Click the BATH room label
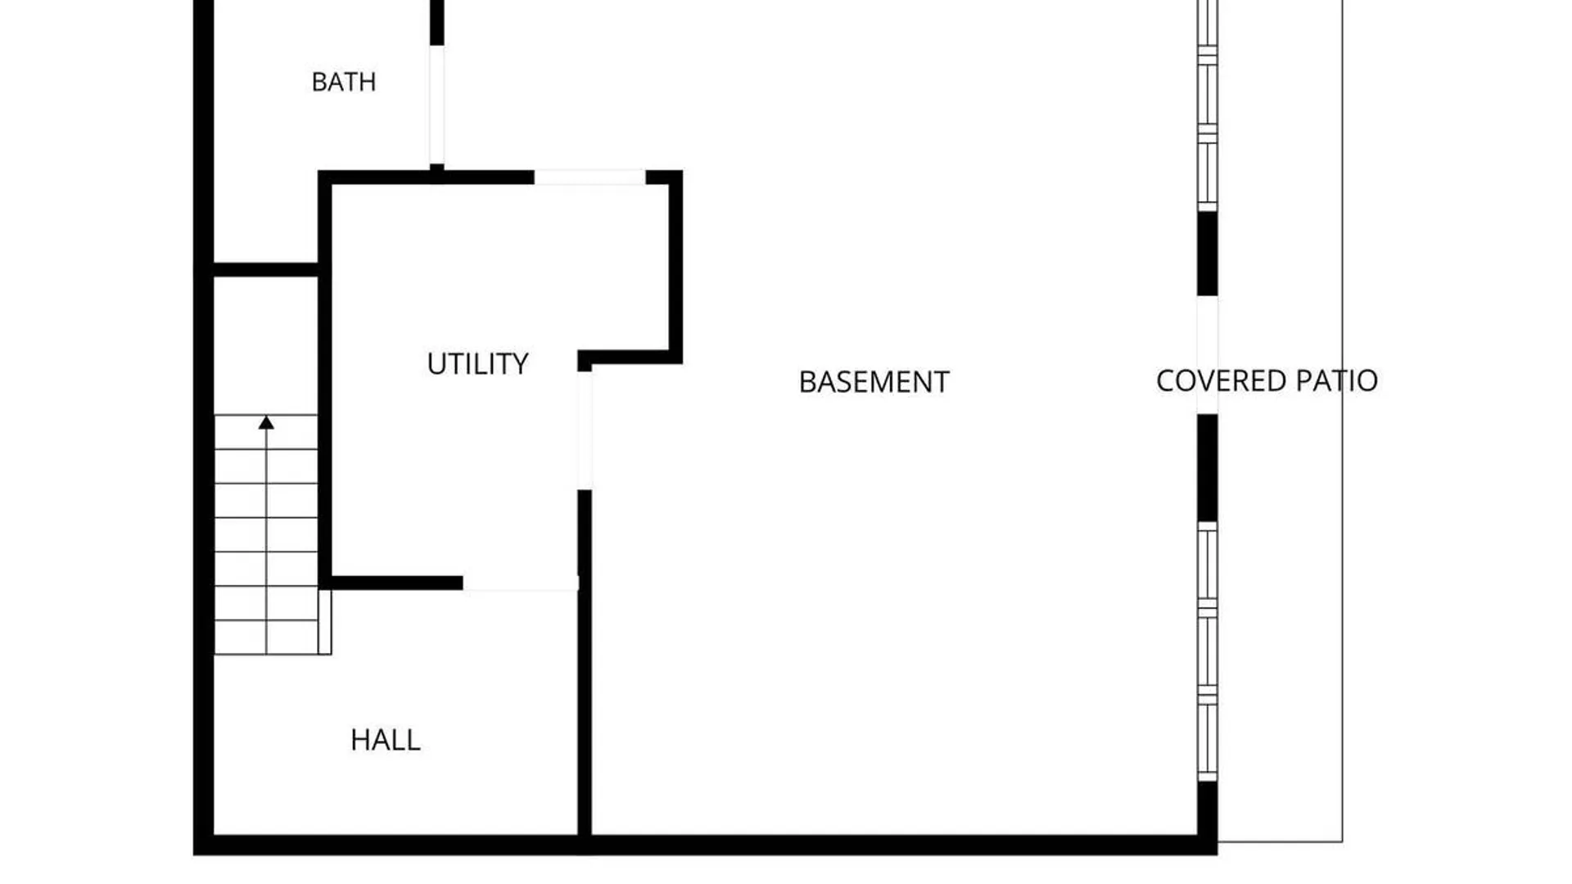pyautogui.click(x=344, y=82)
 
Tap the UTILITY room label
pyautogui.click(x=478, y=364)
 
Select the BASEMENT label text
pyautogui.click(x=874, y=382)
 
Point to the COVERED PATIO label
pyautogui.click(x=1267, y=381)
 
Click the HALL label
pyautogui.click(x=386, y=740)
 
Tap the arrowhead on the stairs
pyautogui.click(x=266, y=422)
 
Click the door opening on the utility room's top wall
pyautogui.click(x=589, y=178)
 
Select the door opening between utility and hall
pyautogui.click(x=521, y=583)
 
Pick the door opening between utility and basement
pyautogui.click(x=585, y=431)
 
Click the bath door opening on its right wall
pyautogui.click(x=437, y=105)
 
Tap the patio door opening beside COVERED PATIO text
pyautogui.click(x=1207, y=355)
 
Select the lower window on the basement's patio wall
pyautogui.click(x=1208, y=652)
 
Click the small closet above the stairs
pyautogui.click(x=266, y=345)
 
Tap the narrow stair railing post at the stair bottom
pyautogui.click(x=325, y=622)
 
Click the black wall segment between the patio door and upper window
pyautogui.click(x=1207, y=254)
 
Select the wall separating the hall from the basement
pyautogui.click(x=585, y=663)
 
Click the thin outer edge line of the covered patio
pyautogui.click(x=1342, y=421)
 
